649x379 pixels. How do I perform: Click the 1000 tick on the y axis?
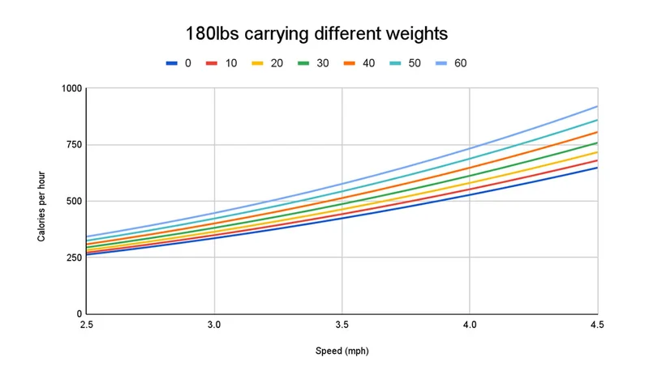tap(71, 88)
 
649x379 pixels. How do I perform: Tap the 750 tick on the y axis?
tap(74, 145)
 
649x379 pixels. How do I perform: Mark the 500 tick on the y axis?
tap(74, 201)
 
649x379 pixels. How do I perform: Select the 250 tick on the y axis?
tap(74, 258)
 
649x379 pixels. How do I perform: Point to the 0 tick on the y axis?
tap(80, 314)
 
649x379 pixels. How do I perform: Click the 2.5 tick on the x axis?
tap(87, 324)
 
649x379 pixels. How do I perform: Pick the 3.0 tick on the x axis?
tap(214, 324)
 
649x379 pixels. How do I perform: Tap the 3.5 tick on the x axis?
tap(342, 324)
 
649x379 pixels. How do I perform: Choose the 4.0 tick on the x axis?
tap(470, 324)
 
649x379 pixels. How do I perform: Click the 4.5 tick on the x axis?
tap(596, 324)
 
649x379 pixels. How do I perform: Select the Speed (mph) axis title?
tap(342, 351)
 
